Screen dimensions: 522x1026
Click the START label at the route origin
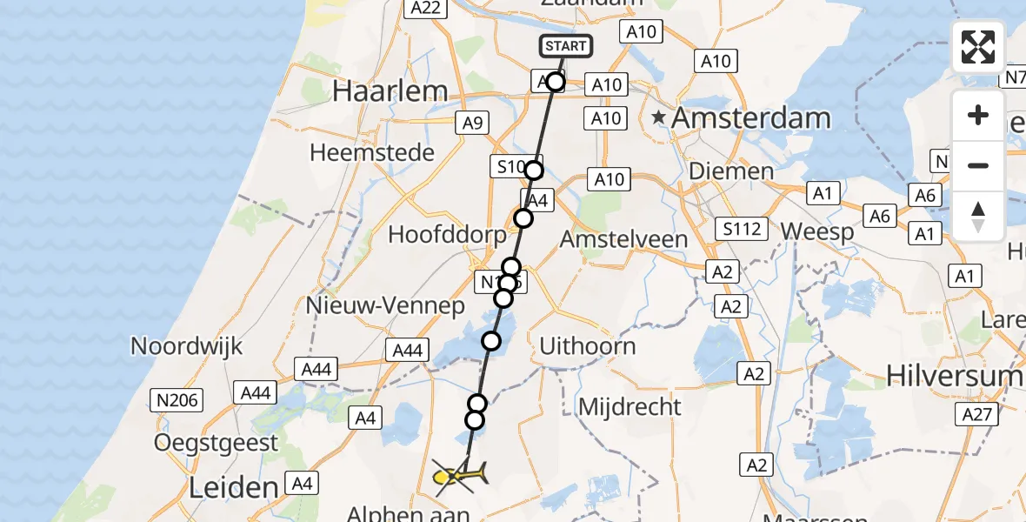[x=566, y=46]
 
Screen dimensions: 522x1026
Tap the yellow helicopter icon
[x=458, y=475]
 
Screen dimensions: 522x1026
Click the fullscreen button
[x=978, y=47]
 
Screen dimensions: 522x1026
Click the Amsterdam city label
[x=751, y=117]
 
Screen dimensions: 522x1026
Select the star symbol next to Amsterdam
[x=660, y=117]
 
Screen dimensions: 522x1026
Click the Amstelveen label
[x=623, y=238]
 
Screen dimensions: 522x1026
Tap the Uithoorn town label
[x=588, y=346]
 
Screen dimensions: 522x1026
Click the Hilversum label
[x=955, y=374]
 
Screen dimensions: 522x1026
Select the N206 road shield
[x=177, y=400]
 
